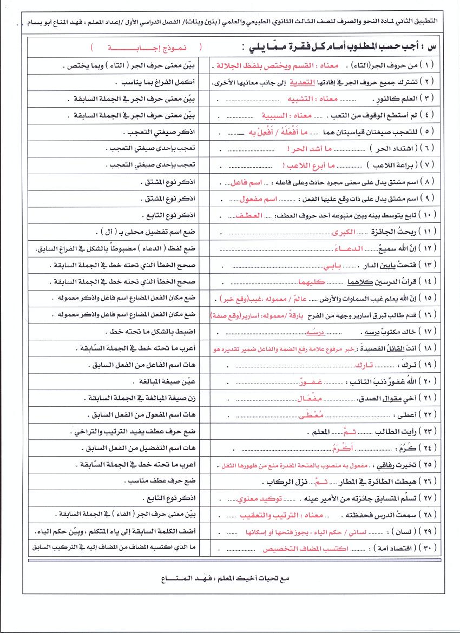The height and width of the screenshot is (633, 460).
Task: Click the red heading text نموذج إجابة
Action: (x=146, y=48)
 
